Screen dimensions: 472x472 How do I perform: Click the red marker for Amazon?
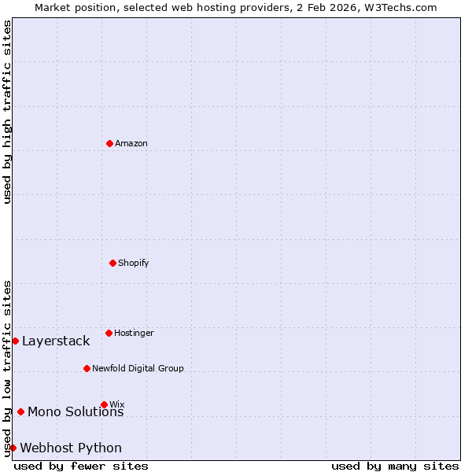coord(109,143)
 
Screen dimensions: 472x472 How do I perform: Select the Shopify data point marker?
coord(112,263)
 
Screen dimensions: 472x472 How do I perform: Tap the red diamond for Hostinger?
coord(109,333)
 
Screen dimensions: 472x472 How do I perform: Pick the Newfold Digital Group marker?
coord(87,368)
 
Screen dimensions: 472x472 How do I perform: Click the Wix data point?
coord(104,404)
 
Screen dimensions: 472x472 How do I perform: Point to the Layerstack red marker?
coord(15,341)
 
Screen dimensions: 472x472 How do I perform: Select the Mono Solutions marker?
coord(20,411)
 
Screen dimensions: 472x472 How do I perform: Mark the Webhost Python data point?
coord(13,448)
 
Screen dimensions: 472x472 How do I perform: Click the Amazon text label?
coord(131,143)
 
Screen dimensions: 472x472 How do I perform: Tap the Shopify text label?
coord(134,263)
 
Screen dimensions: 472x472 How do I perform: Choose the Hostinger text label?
coord(135,333)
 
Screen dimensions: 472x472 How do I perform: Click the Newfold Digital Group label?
coord(138,368)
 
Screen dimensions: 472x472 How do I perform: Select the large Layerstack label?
coord(56,341)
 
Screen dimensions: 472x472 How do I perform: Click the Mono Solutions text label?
coord(76,412)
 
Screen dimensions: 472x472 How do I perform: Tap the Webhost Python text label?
coord(71,448)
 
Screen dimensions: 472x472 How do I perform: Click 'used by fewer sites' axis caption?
coord(81,466)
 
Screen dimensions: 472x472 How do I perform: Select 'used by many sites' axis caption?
coord(395,466)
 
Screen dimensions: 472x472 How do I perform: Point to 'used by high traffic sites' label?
coord(7,112)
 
